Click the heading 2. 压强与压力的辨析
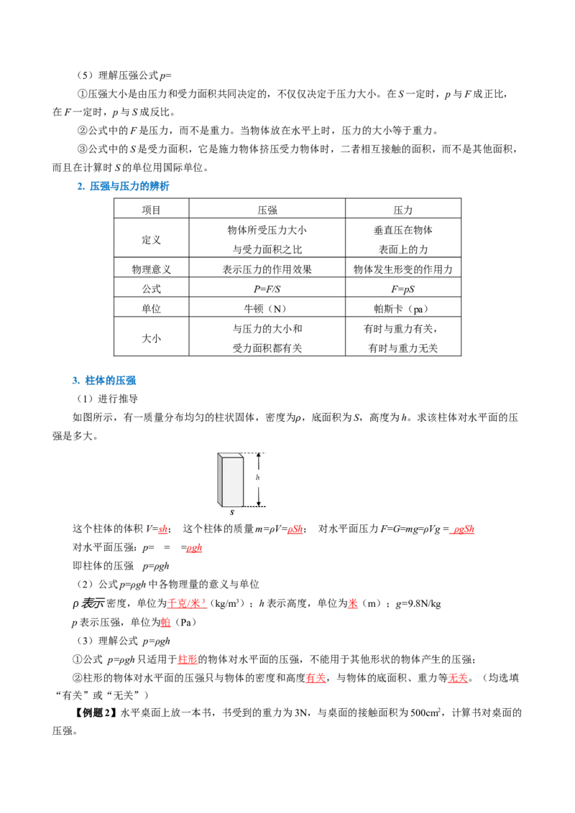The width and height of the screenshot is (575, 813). pos(123,186)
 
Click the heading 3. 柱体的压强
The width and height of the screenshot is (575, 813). pos(103,380)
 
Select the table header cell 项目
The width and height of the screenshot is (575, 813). pos(151,210)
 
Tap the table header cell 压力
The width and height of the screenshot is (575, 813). pos(402,210)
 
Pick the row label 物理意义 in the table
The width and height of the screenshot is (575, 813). pos(151,269)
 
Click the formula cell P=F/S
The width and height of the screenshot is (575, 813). pos(267,289)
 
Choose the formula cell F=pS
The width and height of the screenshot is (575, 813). pos(402,289)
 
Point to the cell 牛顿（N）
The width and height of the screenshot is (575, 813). pos(267,309)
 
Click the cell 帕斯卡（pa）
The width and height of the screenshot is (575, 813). pos(402,309)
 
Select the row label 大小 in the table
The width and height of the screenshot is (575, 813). pos(151,338)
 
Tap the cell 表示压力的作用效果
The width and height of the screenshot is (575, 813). pos(267,269)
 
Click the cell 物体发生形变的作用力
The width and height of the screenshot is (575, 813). pos(402,269)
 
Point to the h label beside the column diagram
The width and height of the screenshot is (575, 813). pos(257,478)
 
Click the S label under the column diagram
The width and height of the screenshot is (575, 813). pos(232,512)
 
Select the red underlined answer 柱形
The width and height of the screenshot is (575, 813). pos(188,659)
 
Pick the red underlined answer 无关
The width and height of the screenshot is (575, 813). pos(458,678)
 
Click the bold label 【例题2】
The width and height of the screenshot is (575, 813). pos(93,712)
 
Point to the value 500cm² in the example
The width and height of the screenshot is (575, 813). pos(425,712)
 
